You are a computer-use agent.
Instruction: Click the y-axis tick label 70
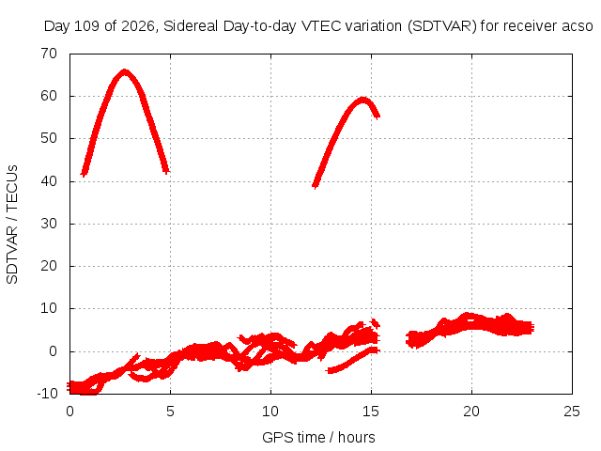point(49,54)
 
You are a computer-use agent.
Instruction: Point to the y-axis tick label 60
point(49,96)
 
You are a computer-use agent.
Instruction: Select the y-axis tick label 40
point(49,181)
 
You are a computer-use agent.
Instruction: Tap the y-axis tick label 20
point(49,266)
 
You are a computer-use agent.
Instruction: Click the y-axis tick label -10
point(47,394)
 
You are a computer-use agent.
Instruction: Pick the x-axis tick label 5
point(170,412)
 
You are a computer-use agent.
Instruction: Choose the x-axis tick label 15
point(371,412)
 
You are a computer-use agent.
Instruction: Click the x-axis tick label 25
point(572,412)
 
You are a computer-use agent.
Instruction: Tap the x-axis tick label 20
point(471,412)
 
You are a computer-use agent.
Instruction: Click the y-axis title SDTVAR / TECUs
point(12,225)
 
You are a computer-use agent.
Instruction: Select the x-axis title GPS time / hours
point(318,438)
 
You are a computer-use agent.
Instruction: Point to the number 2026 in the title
point(138,26)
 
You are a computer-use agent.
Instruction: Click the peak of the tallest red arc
point(125,71)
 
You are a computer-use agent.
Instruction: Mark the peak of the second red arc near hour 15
point(362,101)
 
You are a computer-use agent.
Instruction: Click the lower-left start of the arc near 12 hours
point(315,186)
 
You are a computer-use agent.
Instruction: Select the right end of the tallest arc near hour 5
point(166,171)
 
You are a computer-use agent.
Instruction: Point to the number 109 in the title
point(86,26)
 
